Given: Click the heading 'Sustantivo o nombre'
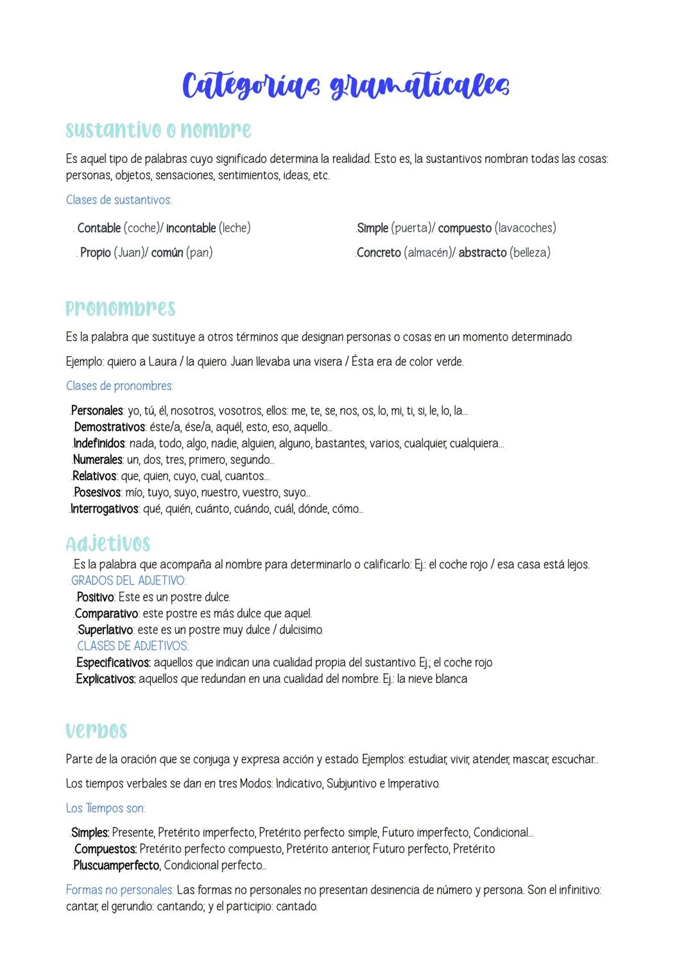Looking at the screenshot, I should coord(158,130).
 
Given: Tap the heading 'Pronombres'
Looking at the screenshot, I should coord(121,308).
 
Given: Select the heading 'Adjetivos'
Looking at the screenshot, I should coord(108,544).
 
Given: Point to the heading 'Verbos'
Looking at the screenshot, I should coord(96,730).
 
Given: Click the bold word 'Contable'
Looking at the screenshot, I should coord(99,228).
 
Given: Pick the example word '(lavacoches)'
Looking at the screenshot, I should coord(526,228).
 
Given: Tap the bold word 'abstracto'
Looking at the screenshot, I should coord(483,253).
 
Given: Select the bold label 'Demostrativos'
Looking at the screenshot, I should coord(109,427).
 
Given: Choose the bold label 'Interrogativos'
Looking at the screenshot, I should coord(104,509).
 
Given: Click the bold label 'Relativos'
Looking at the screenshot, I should coord(94,476).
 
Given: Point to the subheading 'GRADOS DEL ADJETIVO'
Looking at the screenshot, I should coord(128,581).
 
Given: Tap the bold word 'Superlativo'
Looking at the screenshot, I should coord(105,630).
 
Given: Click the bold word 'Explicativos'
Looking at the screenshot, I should coord(105,679).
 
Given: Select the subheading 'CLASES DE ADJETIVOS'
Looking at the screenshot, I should coord(132,646).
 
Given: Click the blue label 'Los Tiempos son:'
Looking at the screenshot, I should coord(105,808).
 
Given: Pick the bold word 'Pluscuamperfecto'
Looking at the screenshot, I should coord(116,865).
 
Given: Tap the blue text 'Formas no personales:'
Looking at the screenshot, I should coord(119,890).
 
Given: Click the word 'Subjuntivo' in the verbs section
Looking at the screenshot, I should coord(352,784).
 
